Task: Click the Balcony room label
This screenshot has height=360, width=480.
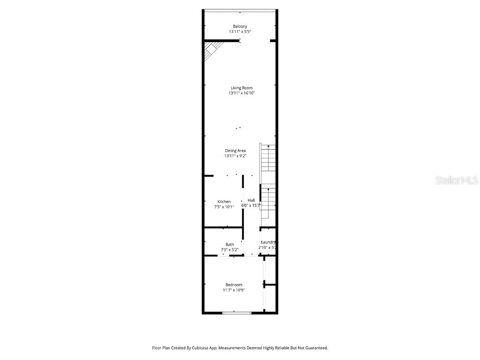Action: point(240,26)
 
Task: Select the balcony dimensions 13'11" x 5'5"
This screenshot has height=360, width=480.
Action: point(240,31)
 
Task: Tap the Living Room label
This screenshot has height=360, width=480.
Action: point(241,88)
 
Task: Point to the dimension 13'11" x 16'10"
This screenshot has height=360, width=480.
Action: point(241,93)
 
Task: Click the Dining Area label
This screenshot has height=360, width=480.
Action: point(235,150)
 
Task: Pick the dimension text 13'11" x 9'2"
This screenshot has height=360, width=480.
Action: point(235,156)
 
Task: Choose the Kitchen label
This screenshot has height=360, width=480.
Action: point(224,202)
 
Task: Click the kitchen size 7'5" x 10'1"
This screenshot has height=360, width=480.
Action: point(224,206)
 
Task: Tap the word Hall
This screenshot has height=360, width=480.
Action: point(251,200)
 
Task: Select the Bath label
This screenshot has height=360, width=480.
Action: point(230,244)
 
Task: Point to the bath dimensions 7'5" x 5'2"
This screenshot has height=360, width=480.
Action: point(230,249)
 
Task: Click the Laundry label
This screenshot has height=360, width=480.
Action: point(268,242)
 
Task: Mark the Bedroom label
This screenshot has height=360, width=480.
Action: point(234,285)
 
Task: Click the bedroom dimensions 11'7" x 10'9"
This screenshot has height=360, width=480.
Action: point(234,290)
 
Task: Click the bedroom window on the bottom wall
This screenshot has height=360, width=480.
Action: point(237,313)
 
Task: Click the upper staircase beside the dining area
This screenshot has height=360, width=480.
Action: point(268,158)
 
